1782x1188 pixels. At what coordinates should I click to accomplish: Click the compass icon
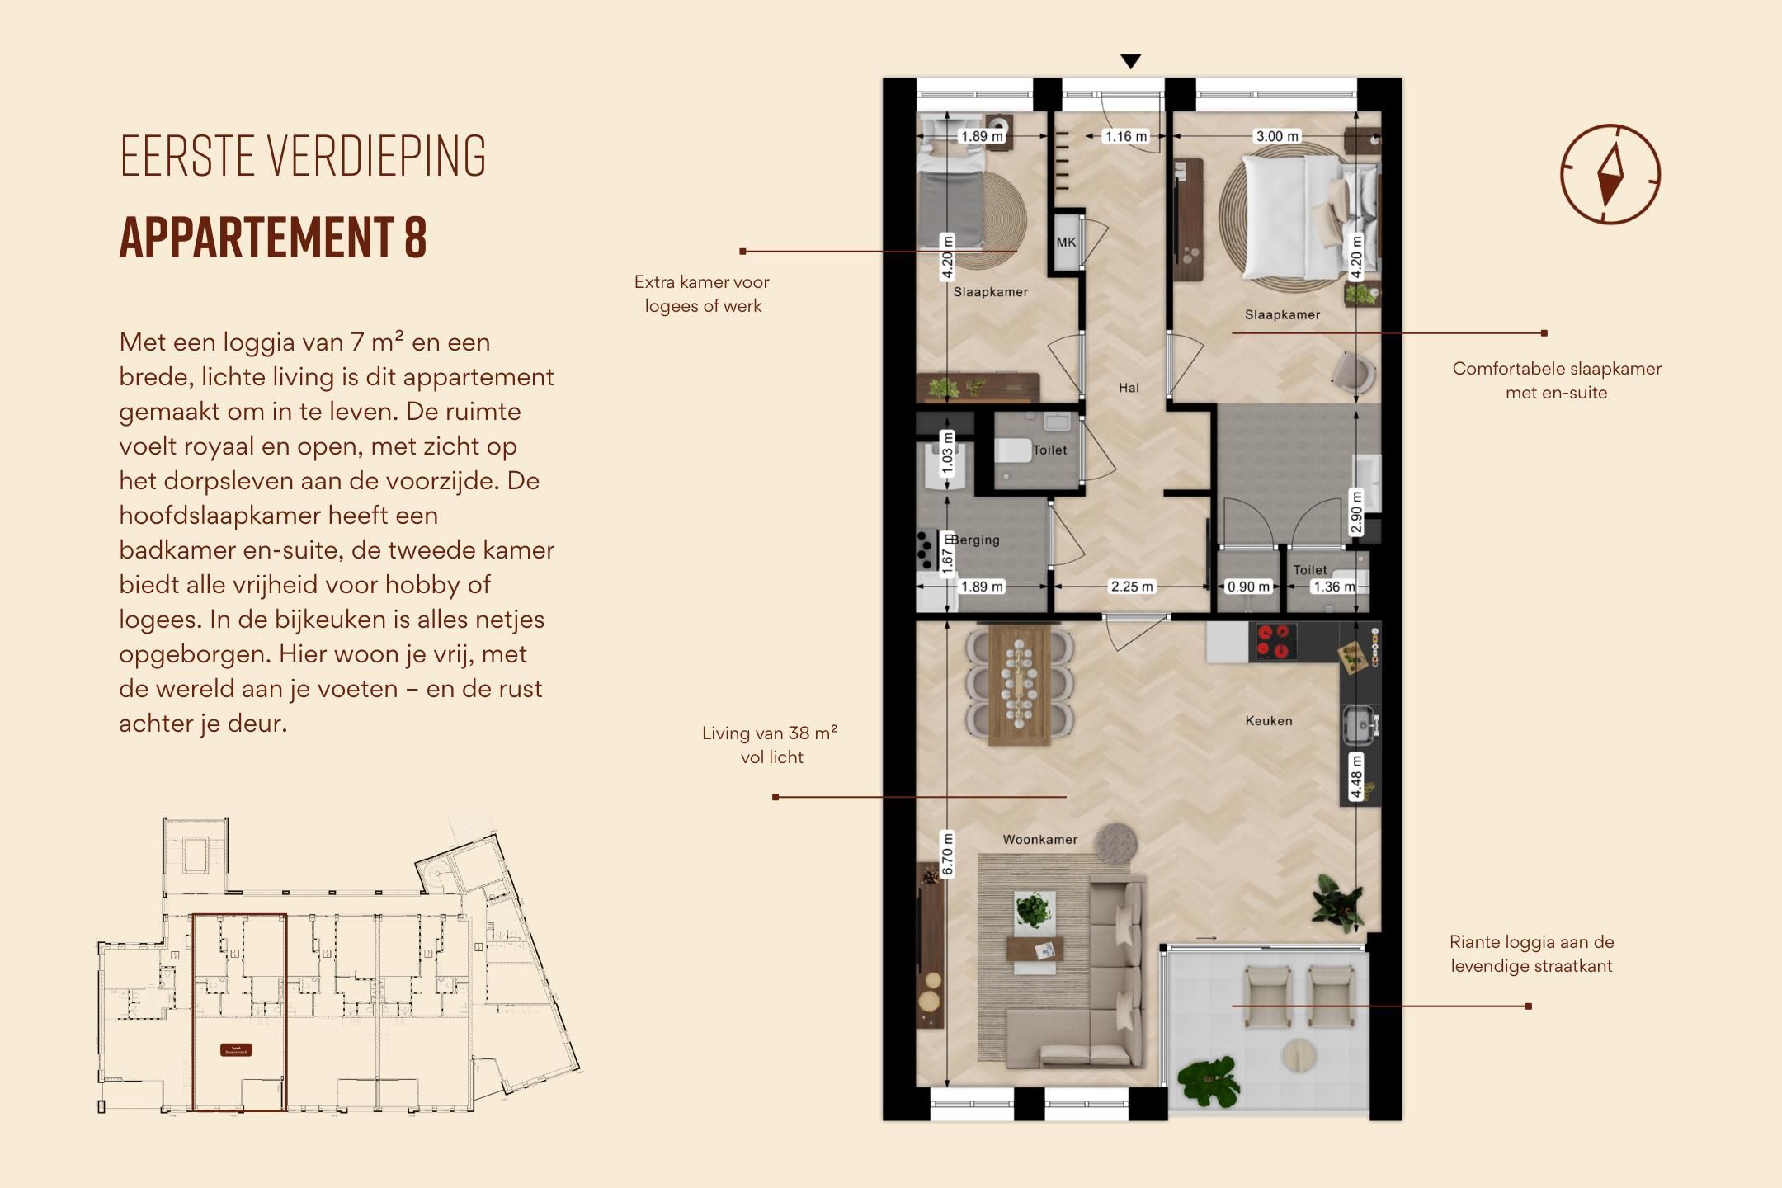(x=1610, y=174)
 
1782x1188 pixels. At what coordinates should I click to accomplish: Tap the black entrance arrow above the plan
(x=1130, y=61)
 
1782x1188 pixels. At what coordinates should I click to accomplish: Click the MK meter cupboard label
(x=1066, y=243)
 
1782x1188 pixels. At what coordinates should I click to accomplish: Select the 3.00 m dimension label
(x=1276, y=136)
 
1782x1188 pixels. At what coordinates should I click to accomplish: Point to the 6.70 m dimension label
(x=947, y=854)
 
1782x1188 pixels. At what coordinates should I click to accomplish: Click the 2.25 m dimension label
(x=1131, y=587)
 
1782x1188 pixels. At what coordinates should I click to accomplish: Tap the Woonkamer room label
(x=1039, y=840)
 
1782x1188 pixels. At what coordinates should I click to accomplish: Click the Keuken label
(x=1268, y=721)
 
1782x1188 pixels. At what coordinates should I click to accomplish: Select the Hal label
(x=1129, y=388)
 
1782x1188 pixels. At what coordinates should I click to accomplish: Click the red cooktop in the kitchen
(x=1272, y=642)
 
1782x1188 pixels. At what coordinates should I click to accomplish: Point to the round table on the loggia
(x=1301, y=1055)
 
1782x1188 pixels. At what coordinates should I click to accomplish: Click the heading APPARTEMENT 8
(x=273, y=238)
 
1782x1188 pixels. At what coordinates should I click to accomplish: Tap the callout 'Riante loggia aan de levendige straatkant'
(x=1531, y=954)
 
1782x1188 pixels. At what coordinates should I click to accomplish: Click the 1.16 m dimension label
(x=1126, y=136)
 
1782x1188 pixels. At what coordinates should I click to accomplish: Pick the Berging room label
(x=975, y=540)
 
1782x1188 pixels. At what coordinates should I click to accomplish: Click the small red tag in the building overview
(x=236, y=1050)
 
